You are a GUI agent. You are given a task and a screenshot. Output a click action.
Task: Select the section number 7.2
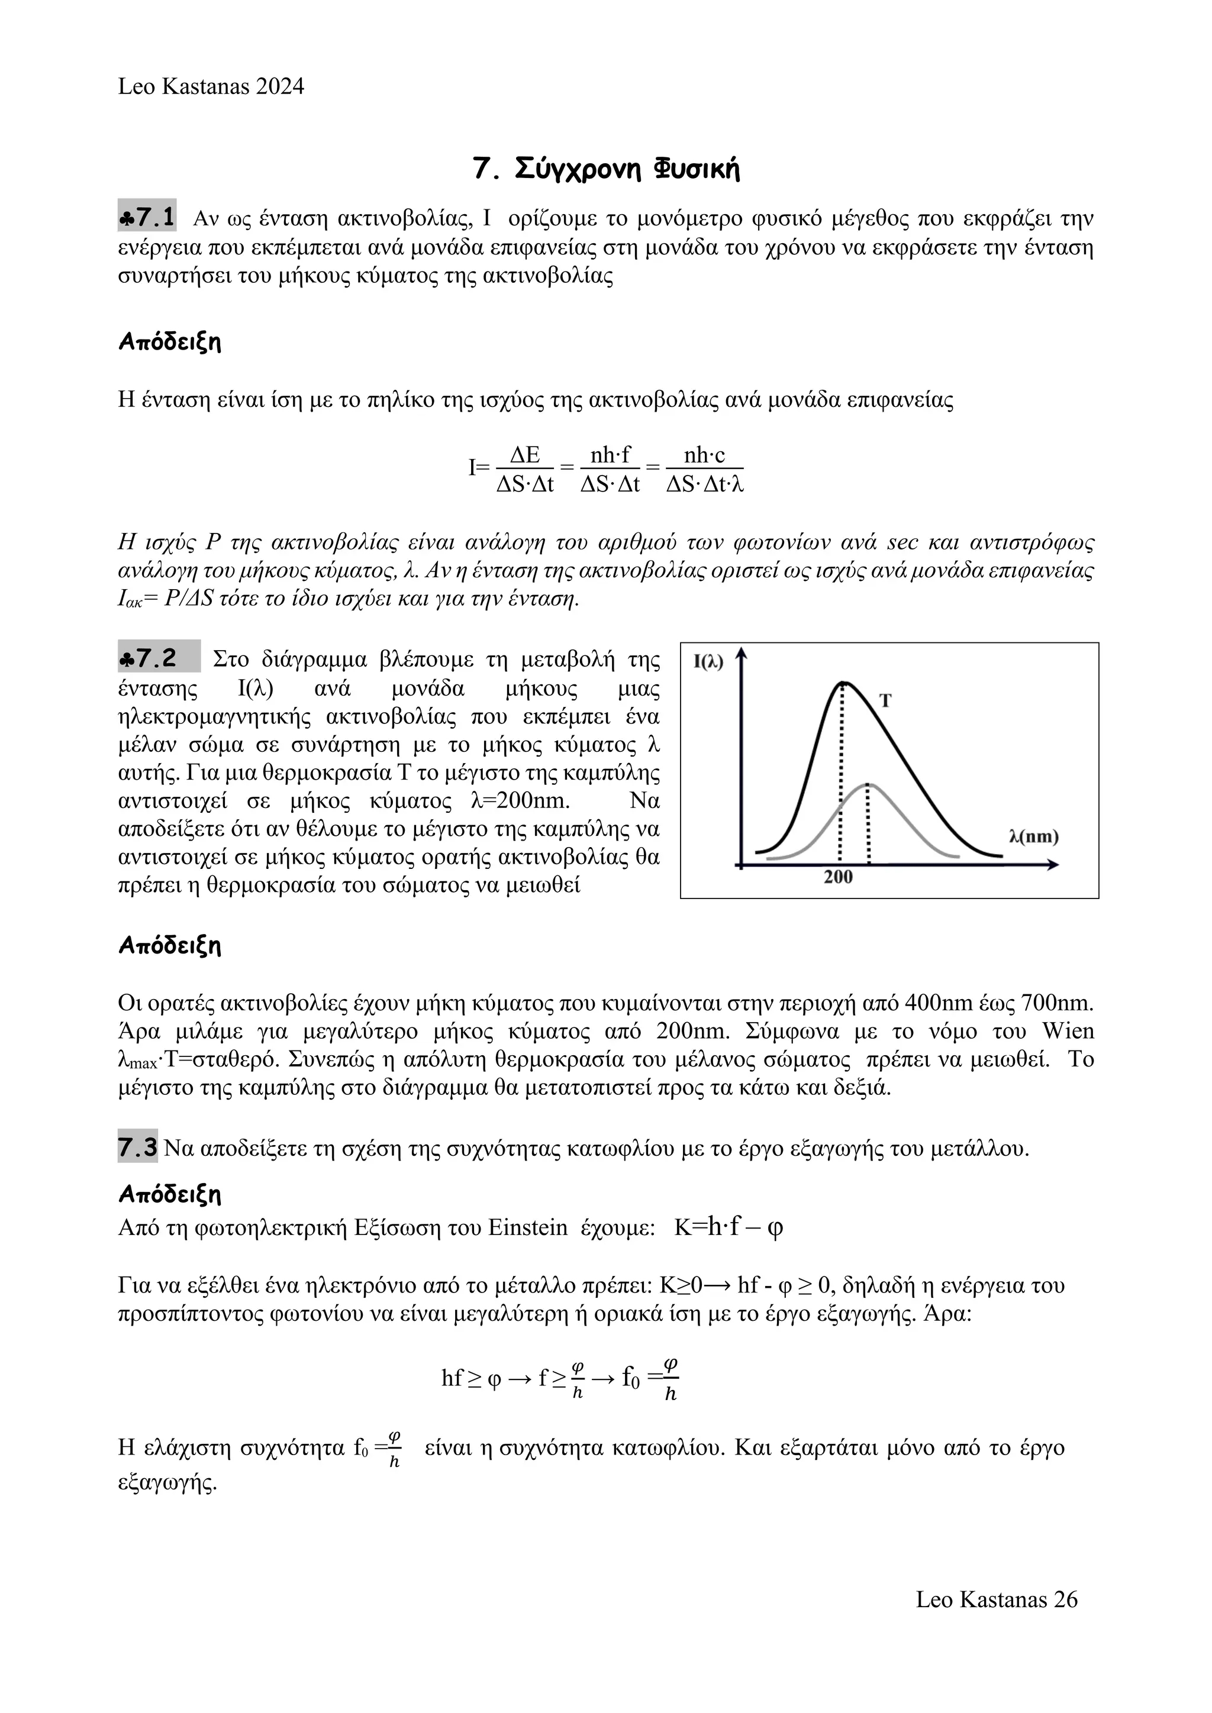point(157,658)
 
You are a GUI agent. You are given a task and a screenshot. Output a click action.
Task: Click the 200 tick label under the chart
point(838,877)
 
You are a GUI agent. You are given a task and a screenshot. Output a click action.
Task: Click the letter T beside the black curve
point(885,700)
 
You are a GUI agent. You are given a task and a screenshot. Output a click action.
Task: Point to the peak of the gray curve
point(868,784)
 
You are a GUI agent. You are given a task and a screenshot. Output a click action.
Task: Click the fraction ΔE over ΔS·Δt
point(525,469)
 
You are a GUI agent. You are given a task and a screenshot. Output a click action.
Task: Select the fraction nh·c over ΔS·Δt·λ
point(704,469)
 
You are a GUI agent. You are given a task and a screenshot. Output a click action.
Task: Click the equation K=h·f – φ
point(729,1227)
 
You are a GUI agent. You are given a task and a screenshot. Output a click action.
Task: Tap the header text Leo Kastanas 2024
point(211,86)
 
